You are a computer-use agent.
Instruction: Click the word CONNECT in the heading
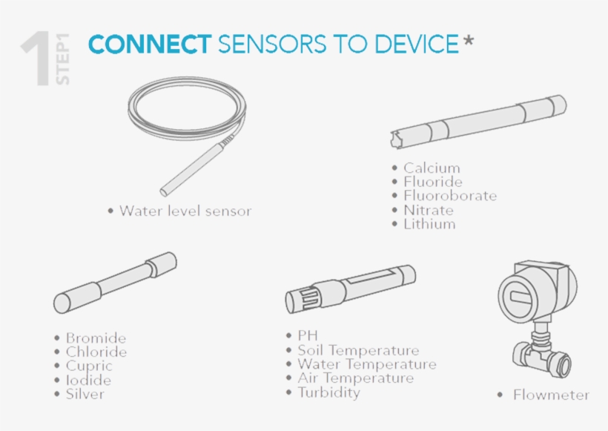[150, 44]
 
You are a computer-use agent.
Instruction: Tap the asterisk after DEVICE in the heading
[469, 40]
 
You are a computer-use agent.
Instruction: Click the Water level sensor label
[185, 211]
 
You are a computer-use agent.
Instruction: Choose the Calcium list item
[432, 168]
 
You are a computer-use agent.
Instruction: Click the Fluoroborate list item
[450, 196]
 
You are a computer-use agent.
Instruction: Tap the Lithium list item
[429, 224]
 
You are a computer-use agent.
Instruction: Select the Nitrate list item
[428, 210]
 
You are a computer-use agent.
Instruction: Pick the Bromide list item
[96, 338]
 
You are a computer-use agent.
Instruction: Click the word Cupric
[89, 366]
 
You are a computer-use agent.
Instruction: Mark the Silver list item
[85, 394]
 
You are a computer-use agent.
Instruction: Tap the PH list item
[308, 335]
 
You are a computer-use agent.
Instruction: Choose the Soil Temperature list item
[358, 350]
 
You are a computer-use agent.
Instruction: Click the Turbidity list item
[328, 392]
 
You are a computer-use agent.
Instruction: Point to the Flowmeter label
[551, 395]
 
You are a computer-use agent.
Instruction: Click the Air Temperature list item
[356, 378]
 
